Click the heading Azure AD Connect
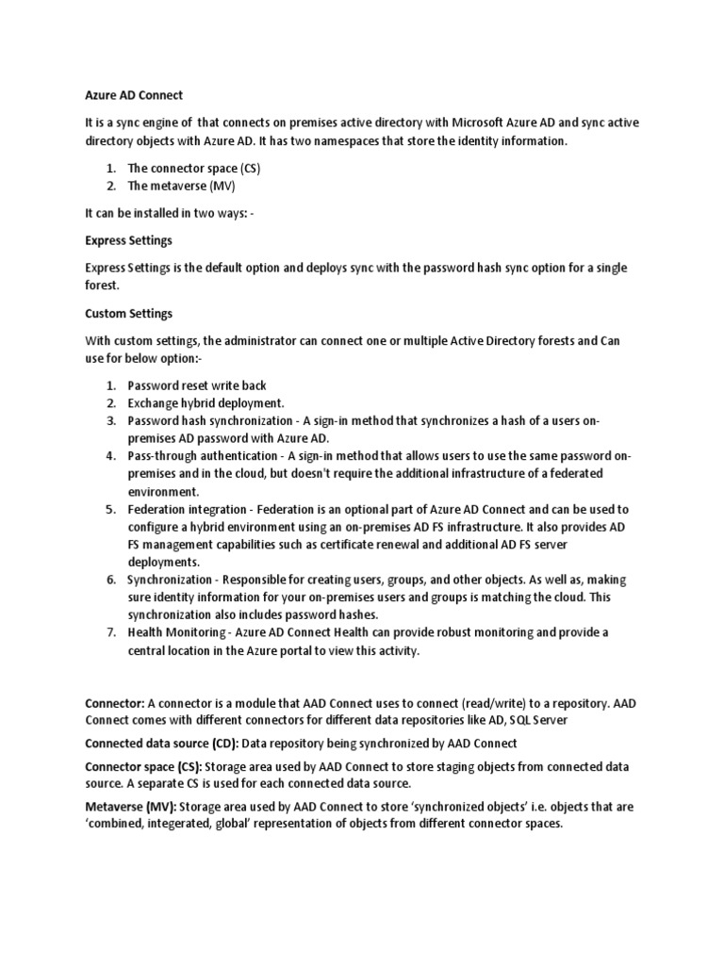click(x=133, y=95)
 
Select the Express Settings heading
click(x=128, y=240)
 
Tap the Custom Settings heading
click(x=128, y=313)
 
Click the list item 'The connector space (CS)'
click(x=193, y=168)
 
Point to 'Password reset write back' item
click(x=196, y=385)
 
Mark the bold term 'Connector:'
click(x=115, y=703)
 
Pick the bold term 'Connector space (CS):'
click(x=143, y=766)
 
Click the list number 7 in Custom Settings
click(x=110, y=632)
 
